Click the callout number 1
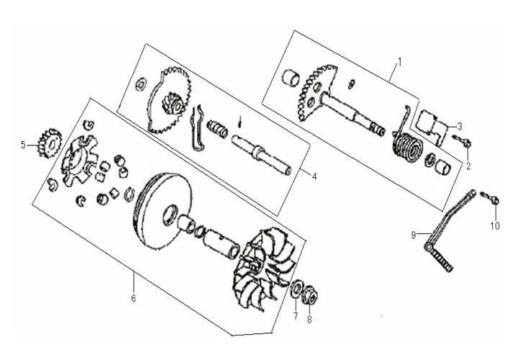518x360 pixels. click(400, 62)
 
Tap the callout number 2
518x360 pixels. click(468, 166)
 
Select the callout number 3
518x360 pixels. click(460, 126)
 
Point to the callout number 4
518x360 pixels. click(314, 176)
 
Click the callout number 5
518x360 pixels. click(23, 145)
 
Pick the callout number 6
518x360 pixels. click(134, 298)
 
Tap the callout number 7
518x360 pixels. click(296, 316)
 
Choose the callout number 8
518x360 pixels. click(309, 320)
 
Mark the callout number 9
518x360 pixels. click(414, 235)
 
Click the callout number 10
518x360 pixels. click(495, 226)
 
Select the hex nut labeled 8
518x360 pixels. click(309, 292)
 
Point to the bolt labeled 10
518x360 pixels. click(490, 198)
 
